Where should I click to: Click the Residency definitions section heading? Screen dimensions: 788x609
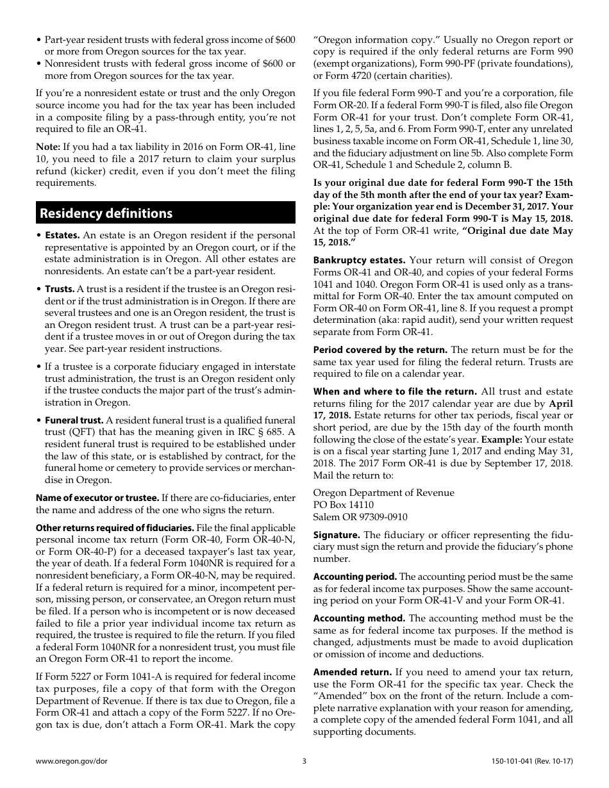point(106,213)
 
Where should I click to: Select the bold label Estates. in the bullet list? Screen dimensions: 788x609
point(62,236)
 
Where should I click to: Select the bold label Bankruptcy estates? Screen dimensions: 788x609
point(359,260)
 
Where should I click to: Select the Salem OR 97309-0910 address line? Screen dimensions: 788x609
point(360,517)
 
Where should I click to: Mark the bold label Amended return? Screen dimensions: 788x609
point(352,672)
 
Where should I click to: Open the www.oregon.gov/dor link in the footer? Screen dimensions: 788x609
point(67,761)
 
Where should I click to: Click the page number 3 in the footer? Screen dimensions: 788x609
point(304,761)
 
